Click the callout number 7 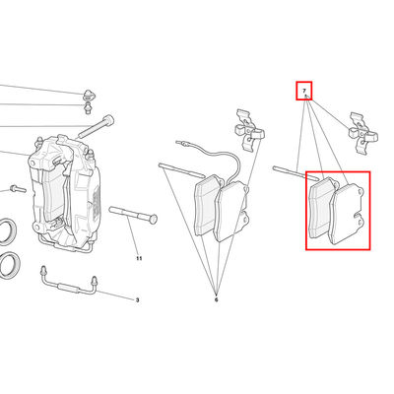304,91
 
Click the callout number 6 216,299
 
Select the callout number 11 139,258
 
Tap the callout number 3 137,300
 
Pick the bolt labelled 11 133,215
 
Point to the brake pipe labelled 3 68,284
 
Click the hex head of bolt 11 153,219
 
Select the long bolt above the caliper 96,126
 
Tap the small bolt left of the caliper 18,189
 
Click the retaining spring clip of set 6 249,130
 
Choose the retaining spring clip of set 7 362,133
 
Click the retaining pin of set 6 181,169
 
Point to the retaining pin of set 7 295,173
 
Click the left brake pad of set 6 208,205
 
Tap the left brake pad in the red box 322,208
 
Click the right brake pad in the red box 347,215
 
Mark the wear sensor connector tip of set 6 178,143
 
